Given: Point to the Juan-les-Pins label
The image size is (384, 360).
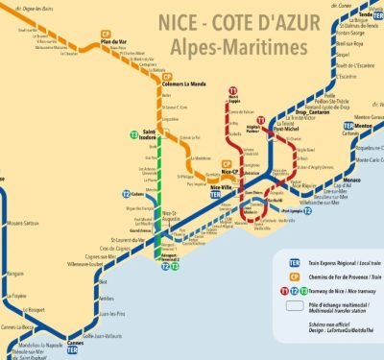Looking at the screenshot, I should click(114, 313).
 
